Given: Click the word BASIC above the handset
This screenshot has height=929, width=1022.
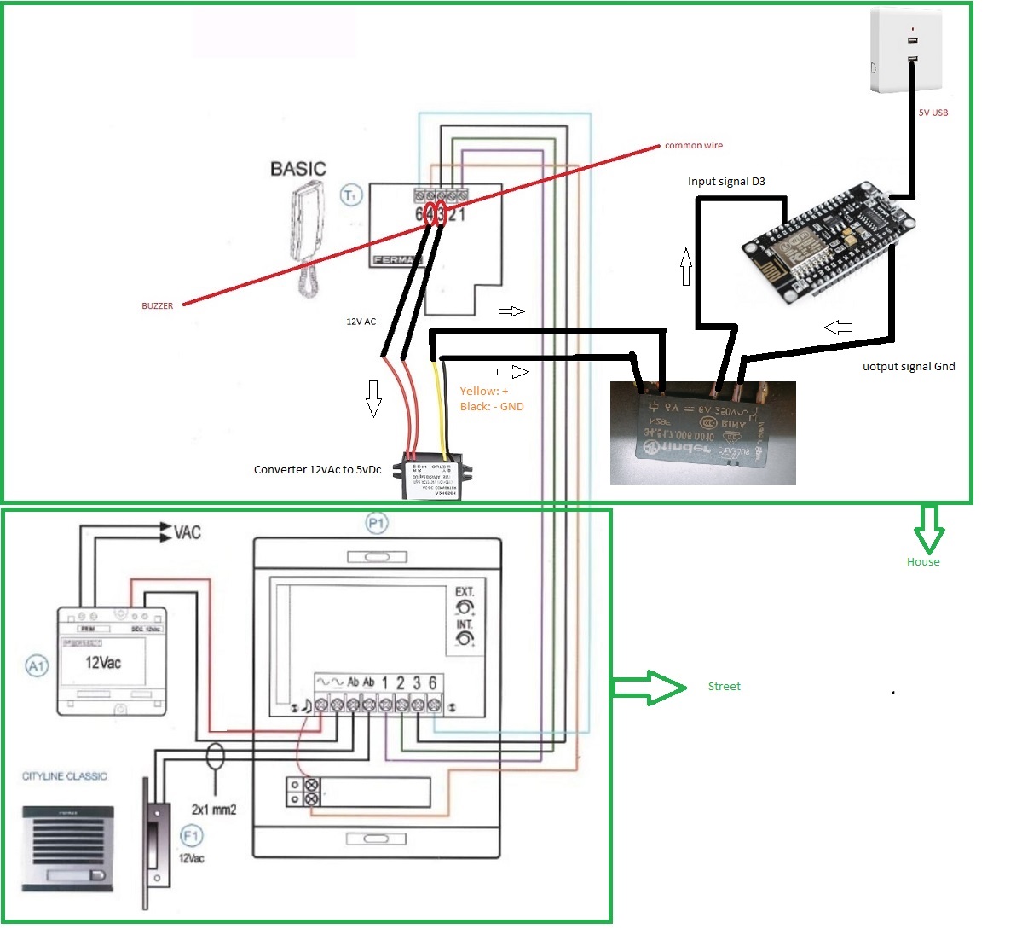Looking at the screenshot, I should pyautogui.click(x=297, y=169).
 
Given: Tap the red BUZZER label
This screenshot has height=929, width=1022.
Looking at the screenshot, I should pyautogui.click(x=157, y=305).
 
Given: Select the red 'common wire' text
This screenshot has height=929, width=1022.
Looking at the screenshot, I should pyautogui.click(x=693, y=146).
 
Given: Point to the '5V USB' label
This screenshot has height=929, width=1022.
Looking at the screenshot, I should pyautogui.click(x=933, y=113).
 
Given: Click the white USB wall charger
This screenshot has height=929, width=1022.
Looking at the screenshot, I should pyautogui.click(x=905, y=51).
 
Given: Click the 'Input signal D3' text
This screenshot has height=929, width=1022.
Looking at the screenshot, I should pyautogui.click(x=726, y=182).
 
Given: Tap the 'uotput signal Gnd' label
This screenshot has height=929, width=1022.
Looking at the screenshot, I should pyautogui.click(x=909, y=367).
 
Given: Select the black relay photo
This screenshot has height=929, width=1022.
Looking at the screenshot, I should pyautogui.click(x=703, y=433).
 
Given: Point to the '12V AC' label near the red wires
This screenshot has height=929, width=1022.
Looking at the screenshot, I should pyautogui.click(x=361, y=322).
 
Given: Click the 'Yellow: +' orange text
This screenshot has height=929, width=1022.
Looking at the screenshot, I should pyautogui.click(x=483, y=391).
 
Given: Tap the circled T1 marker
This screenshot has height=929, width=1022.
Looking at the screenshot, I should pyautogui.click(x=351, y=195).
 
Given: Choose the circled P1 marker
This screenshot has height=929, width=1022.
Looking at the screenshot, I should pyautogui.click(x=376, y=523).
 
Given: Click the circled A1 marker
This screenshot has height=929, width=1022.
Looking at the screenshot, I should pyautogui.click(x=37, y=665).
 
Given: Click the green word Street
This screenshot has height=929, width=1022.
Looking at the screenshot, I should pyautogui.click(x=724, y=687).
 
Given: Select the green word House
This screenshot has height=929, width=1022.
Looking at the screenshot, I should pyautogui.click(x=922, y=561).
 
